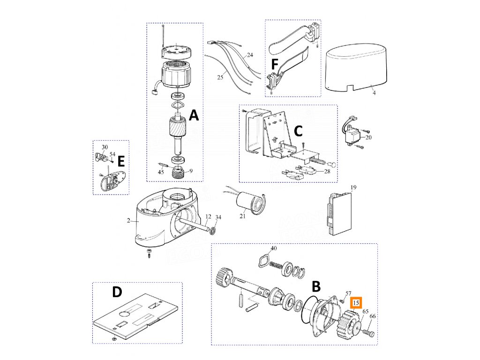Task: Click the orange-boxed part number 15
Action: [357, 302]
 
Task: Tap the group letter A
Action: [194, 116]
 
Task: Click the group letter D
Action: [117, 292]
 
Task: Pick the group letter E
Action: [121, 162]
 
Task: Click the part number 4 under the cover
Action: [374, 93]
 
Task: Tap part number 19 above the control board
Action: [353, 187]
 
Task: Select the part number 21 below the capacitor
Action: [242, 216]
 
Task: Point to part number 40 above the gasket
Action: [274, 248]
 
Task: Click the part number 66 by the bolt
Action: [373, 316]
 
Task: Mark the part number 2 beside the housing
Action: [128, 220]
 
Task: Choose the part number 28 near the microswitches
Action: [327, 172]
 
